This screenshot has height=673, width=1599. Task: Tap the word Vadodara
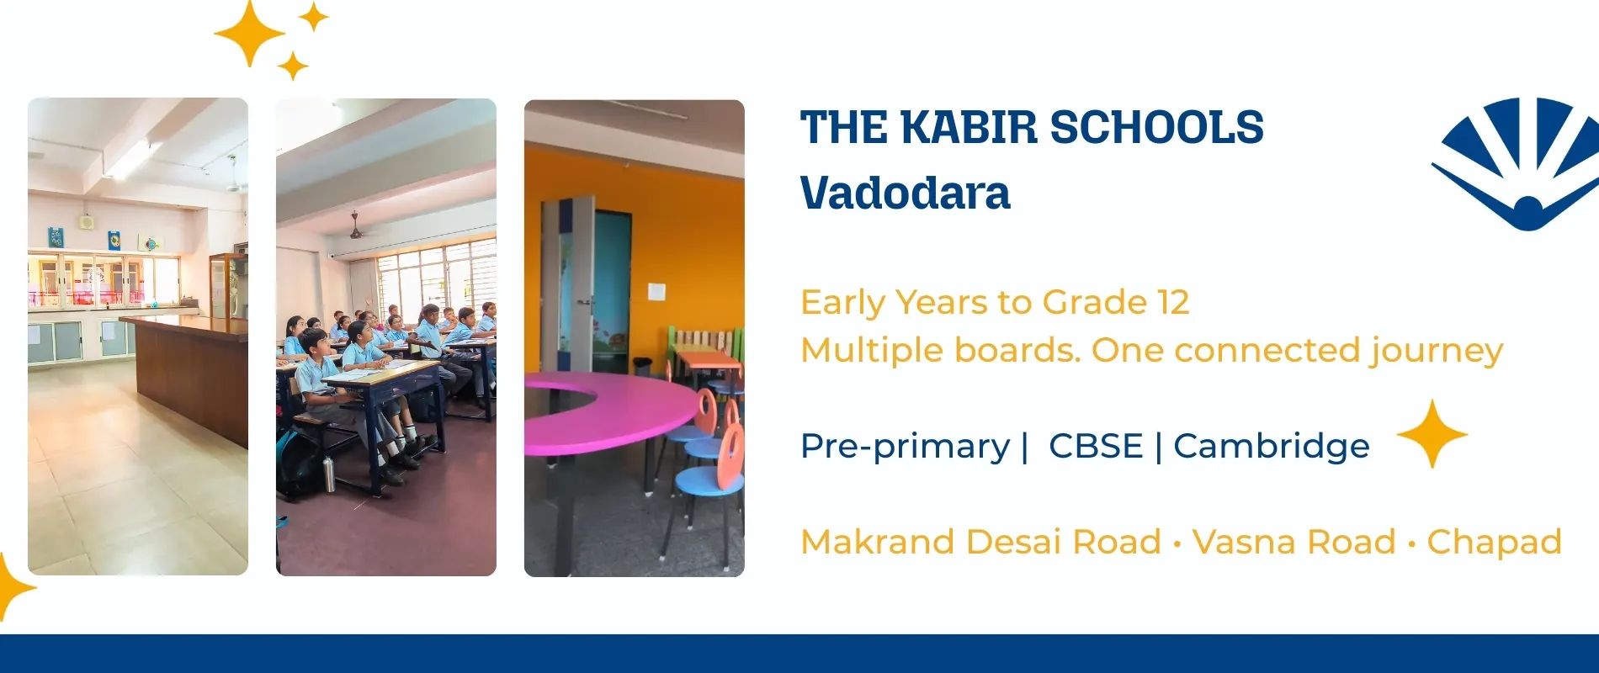(x=905, y=193)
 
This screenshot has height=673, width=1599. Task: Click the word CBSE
(x=1096, y=446)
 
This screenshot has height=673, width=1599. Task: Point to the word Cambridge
(x=1272, y=447)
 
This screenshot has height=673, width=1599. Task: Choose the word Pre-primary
(x=906, y=447)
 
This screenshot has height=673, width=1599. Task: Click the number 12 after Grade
(x=1173, y=302)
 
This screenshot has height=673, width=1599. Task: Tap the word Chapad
(x=1495, y=543)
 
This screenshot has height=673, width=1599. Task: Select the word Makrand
(x=878, y=542)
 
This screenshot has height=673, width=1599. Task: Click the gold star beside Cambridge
(x=1432, y=434)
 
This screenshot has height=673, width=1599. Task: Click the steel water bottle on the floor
(x=328, y=474)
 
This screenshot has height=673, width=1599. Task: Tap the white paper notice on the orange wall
(x=656, y=292)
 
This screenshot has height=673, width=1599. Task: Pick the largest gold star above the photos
(x=250, y=33)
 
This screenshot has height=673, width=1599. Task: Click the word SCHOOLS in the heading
(x=1157, y=128)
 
